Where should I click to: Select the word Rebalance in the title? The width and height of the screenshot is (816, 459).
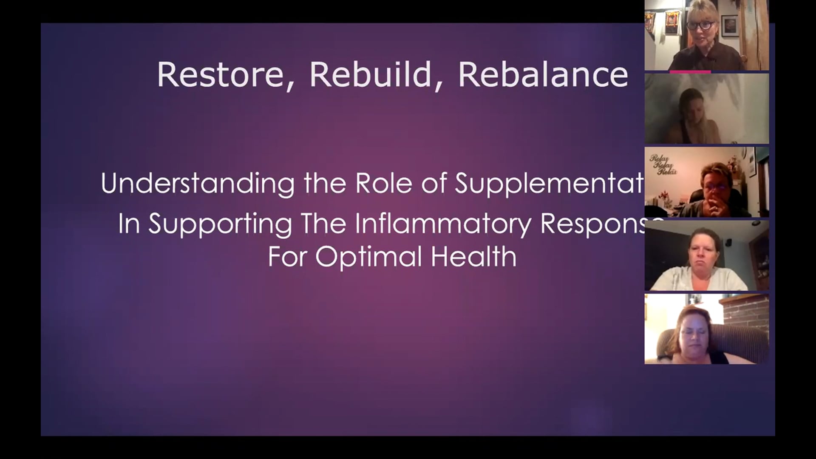[x=543, y=75]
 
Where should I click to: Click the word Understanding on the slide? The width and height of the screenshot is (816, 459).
[x=197, y=184]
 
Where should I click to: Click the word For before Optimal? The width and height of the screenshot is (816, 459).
[x=288, y=257]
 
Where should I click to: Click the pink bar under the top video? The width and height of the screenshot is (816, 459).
[x=690, y=72]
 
